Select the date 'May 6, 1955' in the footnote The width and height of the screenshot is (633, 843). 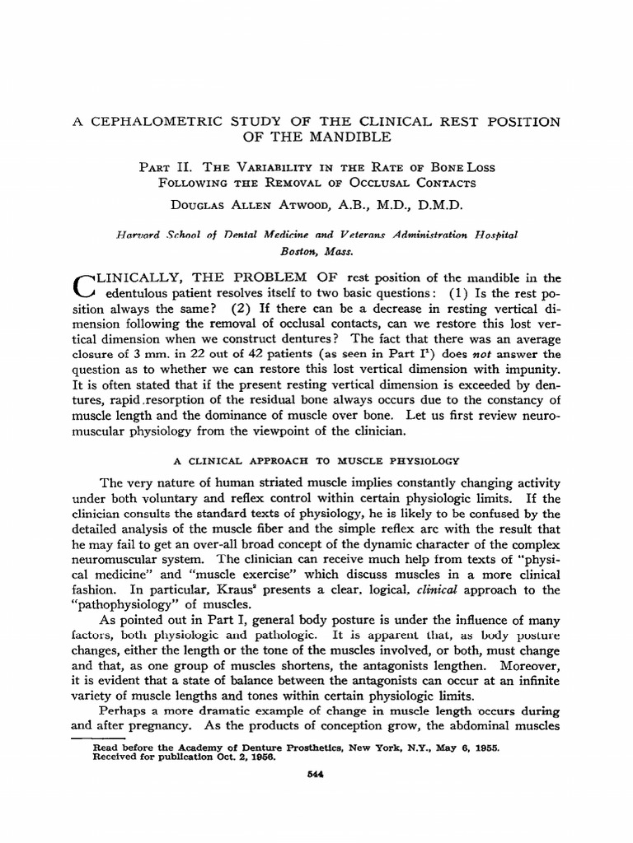click(x=448, y=748)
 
